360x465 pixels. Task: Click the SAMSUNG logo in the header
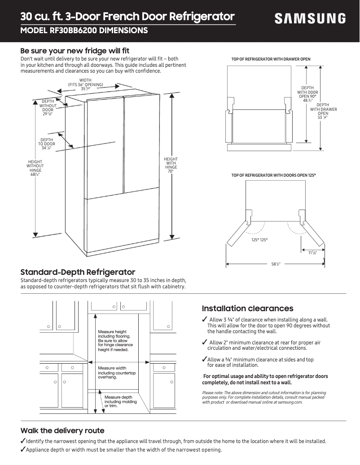[x=310, y=19]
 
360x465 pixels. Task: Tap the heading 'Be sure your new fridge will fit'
[x=75, y=51]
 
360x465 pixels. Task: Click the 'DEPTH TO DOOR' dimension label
[x=47, y=144]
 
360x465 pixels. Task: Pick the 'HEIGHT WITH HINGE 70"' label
[x=171, y=165]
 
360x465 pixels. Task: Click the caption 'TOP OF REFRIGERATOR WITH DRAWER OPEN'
[x=271, y=59]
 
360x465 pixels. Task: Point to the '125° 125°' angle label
[x=259, y=240]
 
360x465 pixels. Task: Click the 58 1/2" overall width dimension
[x=275, y=264]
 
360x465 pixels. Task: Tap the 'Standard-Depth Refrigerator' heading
[x=78, y=272]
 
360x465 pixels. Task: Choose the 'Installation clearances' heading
[x=247, y=309]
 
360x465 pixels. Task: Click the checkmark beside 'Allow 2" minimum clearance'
[x=204, y=343]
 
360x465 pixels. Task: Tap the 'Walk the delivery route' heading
[x=62, y=430]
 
